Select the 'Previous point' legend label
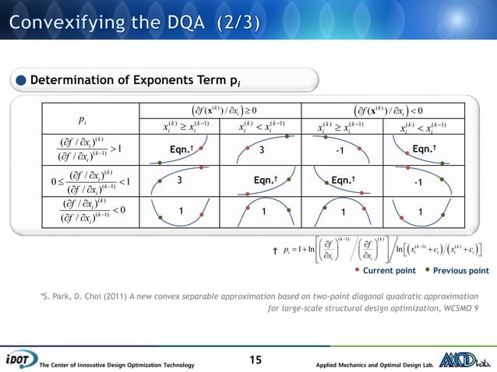pos(461,272)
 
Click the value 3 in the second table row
pos(180,181)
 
